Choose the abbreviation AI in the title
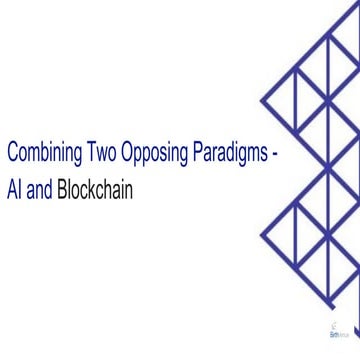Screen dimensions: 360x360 pyautogui.click(x=12, y=186)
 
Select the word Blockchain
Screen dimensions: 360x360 pyautogui.click(x=96, y=186)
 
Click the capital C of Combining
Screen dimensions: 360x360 pyautogui.click(x=11, y=156)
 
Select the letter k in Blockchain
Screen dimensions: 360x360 pyautogui.click(x=97, y=186)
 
